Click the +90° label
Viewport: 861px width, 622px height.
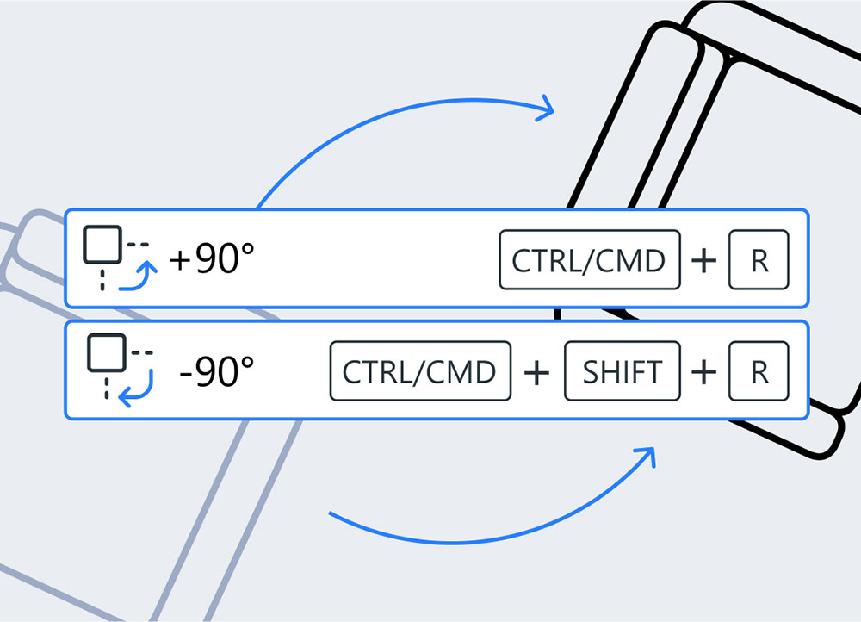coord(212,258)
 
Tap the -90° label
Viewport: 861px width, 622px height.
coord(217,371)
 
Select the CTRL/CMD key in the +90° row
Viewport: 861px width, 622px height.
coord(590,259)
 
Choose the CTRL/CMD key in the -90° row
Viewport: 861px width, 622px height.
coord(420,371)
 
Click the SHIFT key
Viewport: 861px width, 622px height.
coord(622,371)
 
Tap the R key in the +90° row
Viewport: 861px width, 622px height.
coord(759,259)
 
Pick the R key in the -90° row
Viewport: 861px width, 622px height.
coord(759,371)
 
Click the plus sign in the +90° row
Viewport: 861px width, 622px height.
coord(704,260)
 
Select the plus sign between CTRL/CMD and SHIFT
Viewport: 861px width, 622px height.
coord(537,372)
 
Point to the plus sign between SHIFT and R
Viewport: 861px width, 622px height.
coord(704,372)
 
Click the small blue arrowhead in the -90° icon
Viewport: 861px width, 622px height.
coord(125,397)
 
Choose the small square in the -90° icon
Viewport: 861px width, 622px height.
coord(108,353)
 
